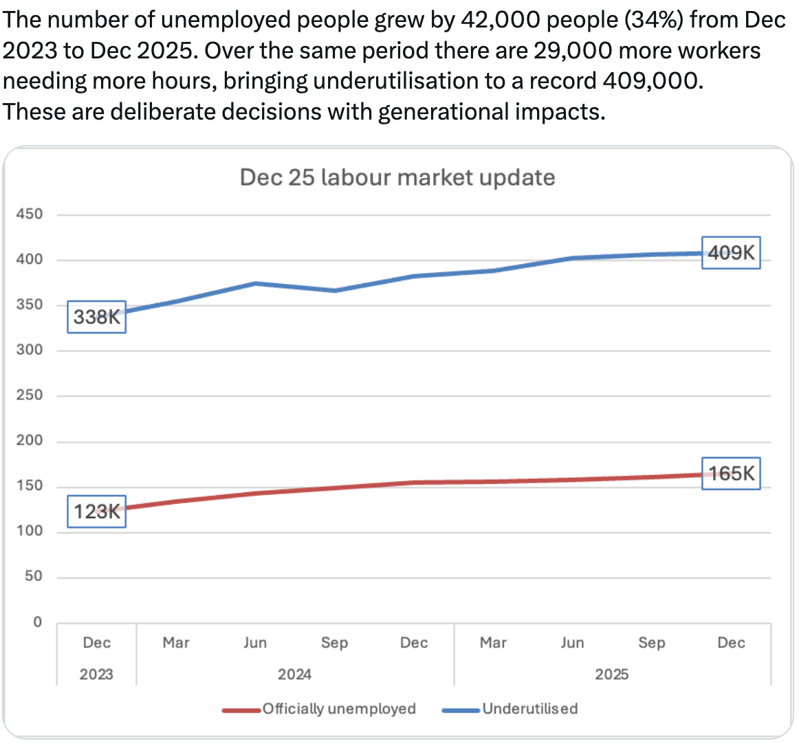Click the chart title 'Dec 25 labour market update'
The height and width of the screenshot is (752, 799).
397,177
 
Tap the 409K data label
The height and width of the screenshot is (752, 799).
730,253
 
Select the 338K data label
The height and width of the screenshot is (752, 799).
96,317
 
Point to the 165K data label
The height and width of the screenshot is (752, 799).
730,474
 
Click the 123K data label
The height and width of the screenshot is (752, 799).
96,511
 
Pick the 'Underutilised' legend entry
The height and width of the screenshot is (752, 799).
510,709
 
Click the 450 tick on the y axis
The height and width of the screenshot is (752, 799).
30,214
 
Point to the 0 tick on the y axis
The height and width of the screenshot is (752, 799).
37,622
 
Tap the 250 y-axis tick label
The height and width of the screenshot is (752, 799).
30,395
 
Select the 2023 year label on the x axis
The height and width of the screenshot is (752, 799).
96,674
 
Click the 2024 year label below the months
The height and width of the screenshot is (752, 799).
294,674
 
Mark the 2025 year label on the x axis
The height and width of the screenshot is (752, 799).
611,674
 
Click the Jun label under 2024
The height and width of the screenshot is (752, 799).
255,643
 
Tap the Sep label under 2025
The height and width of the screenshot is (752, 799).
651,643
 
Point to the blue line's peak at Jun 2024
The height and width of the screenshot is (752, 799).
255,283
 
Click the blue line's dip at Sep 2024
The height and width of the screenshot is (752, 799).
335,291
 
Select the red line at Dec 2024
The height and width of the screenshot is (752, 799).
414,483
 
